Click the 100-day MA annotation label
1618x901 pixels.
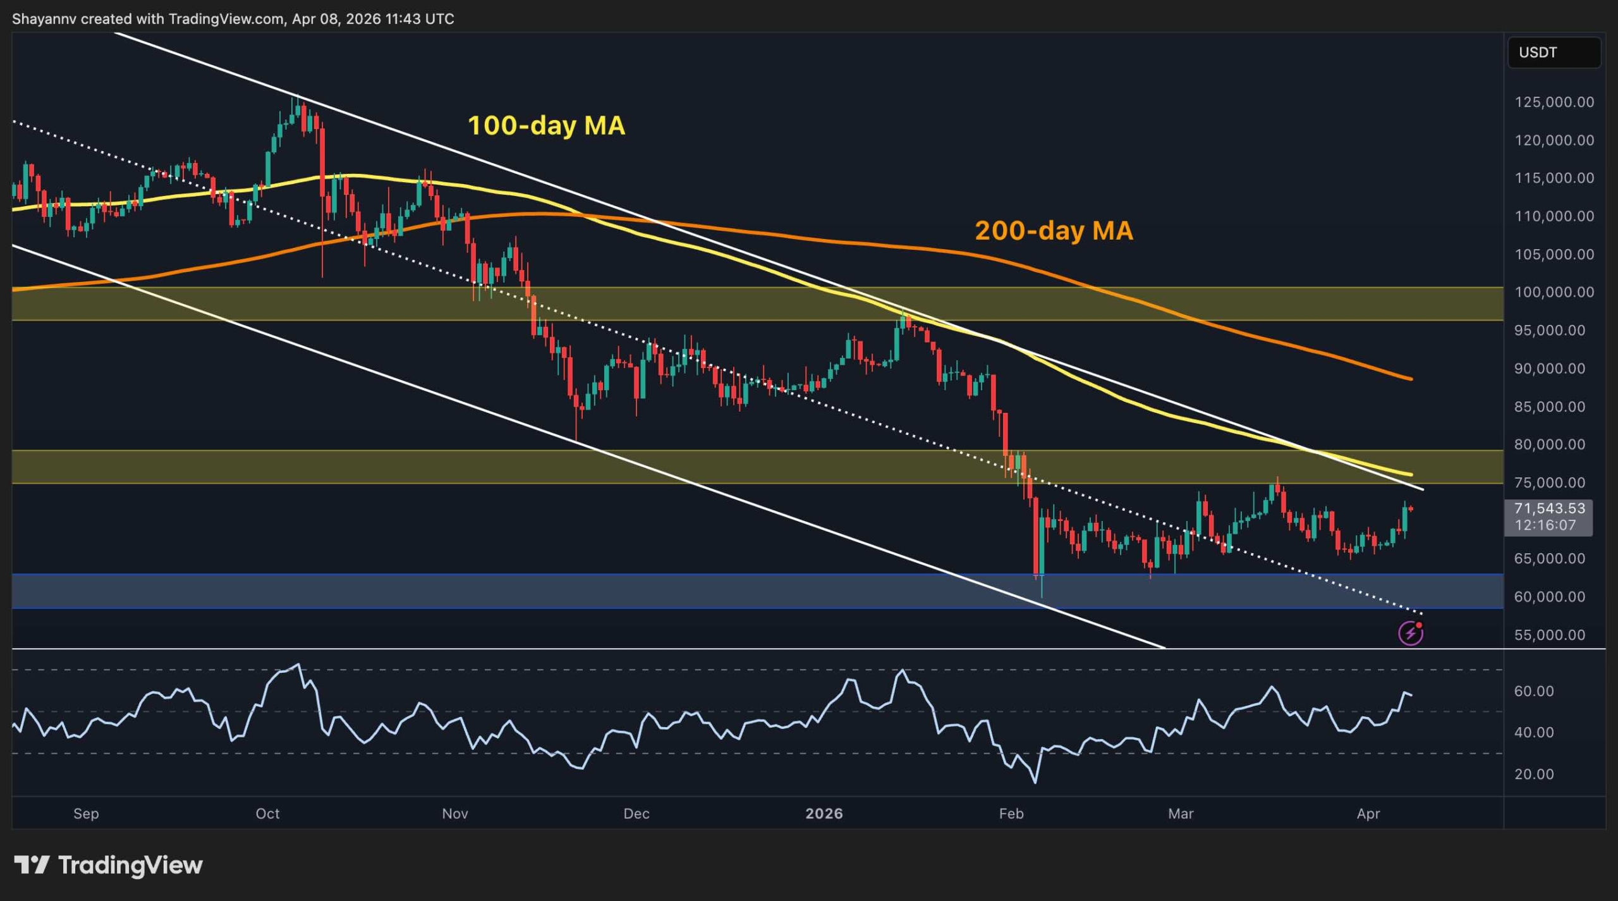pos(546,125)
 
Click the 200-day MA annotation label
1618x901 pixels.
pos(1054,230)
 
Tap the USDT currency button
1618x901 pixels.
pos(1554,52)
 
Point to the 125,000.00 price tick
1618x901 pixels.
pos(1554,102)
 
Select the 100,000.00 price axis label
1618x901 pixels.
pos(1554,292)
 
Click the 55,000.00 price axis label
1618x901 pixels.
pos(1550,635)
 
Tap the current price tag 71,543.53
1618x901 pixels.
pos(1549,508)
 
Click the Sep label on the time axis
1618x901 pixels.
pos(86,814)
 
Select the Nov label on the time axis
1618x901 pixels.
pos(455,814)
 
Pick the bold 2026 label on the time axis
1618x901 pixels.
pos(824,814)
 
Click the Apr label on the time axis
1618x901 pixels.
pos(1368,814)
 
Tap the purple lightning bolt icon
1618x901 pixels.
pos(1411,633)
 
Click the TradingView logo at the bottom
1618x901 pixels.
pos(108,865)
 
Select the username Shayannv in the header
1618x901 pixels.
pos(44,19)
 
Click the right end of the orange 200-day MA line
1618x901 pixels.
pos(1412,379)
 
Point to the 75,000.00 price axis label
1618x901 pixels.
pos(1550,482)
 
